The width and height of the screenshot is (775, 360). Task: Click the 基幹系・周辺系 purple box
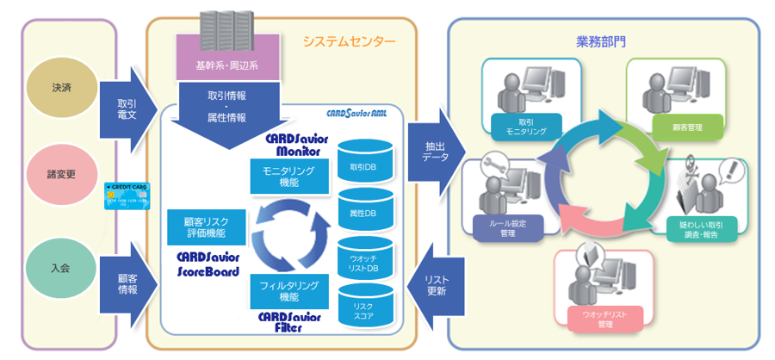coord(227,64)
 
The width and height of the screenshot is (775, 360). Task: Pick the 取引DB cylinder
coord(366,163)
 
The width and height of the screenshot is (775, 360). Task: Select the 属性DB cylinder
coord(366,210)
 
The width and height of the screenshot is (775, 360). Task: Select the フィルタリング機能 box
coord(289,290)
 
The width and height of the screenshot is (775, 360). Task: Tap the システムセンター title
coord(349,41)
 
